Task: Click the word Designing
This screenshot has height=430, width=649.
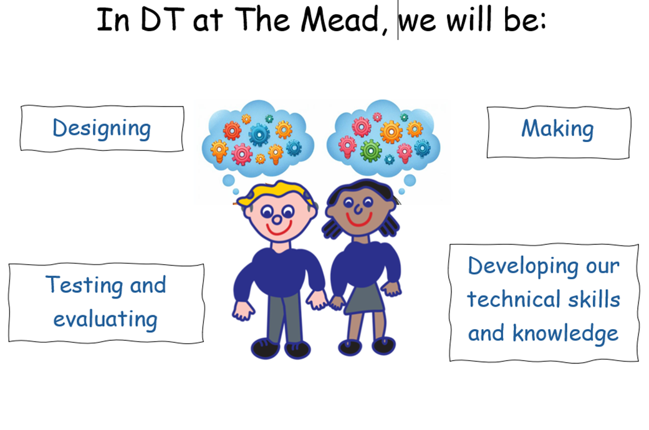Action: click(x=102, y=129)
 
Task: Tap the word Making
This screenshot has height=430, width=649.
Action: click(x=557, y=129)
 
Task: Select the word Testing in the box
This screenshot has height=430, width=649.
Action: click(x=83, y=285)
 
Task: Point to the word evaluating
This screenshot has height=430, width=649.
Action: click(x=105, y=319)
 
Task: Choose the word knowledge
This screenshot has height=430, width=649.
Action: click(x=565, y=333)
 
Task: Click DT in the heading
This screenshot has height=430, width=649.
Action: click(x=162, y=20)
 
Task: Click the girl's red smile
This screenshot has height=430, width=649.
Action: click(x=358, y=220)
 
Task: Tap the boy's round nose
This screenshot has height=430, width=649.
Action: click(x=276, y=220)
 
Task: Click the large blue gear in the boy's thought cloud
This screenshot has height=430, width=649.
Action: click(x=259, y=134)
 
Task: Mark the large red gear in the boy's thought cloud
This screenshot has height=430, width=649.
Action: click(x=232, y=131)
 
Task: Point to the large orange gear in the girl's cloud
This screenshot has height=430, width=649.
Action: click(x=391, y=132)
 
